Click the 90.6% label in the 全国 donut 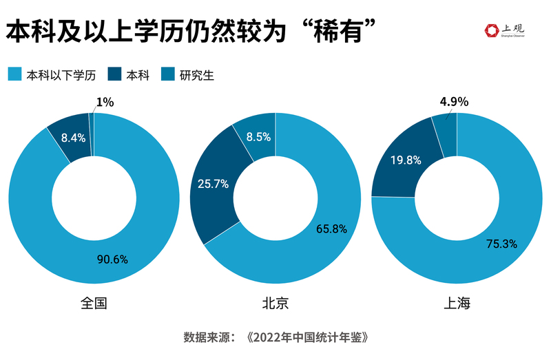click(x=113, y=259)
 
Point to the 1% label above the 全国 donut click(x=105, y=102)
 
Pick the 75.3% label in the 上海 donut click(x=501, y=244)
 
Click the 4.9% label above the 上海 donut click(x=454, y=102)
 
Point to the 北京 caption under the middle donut click(x=275, y=304)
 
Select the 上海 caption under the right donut click(x=457, y=304)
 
